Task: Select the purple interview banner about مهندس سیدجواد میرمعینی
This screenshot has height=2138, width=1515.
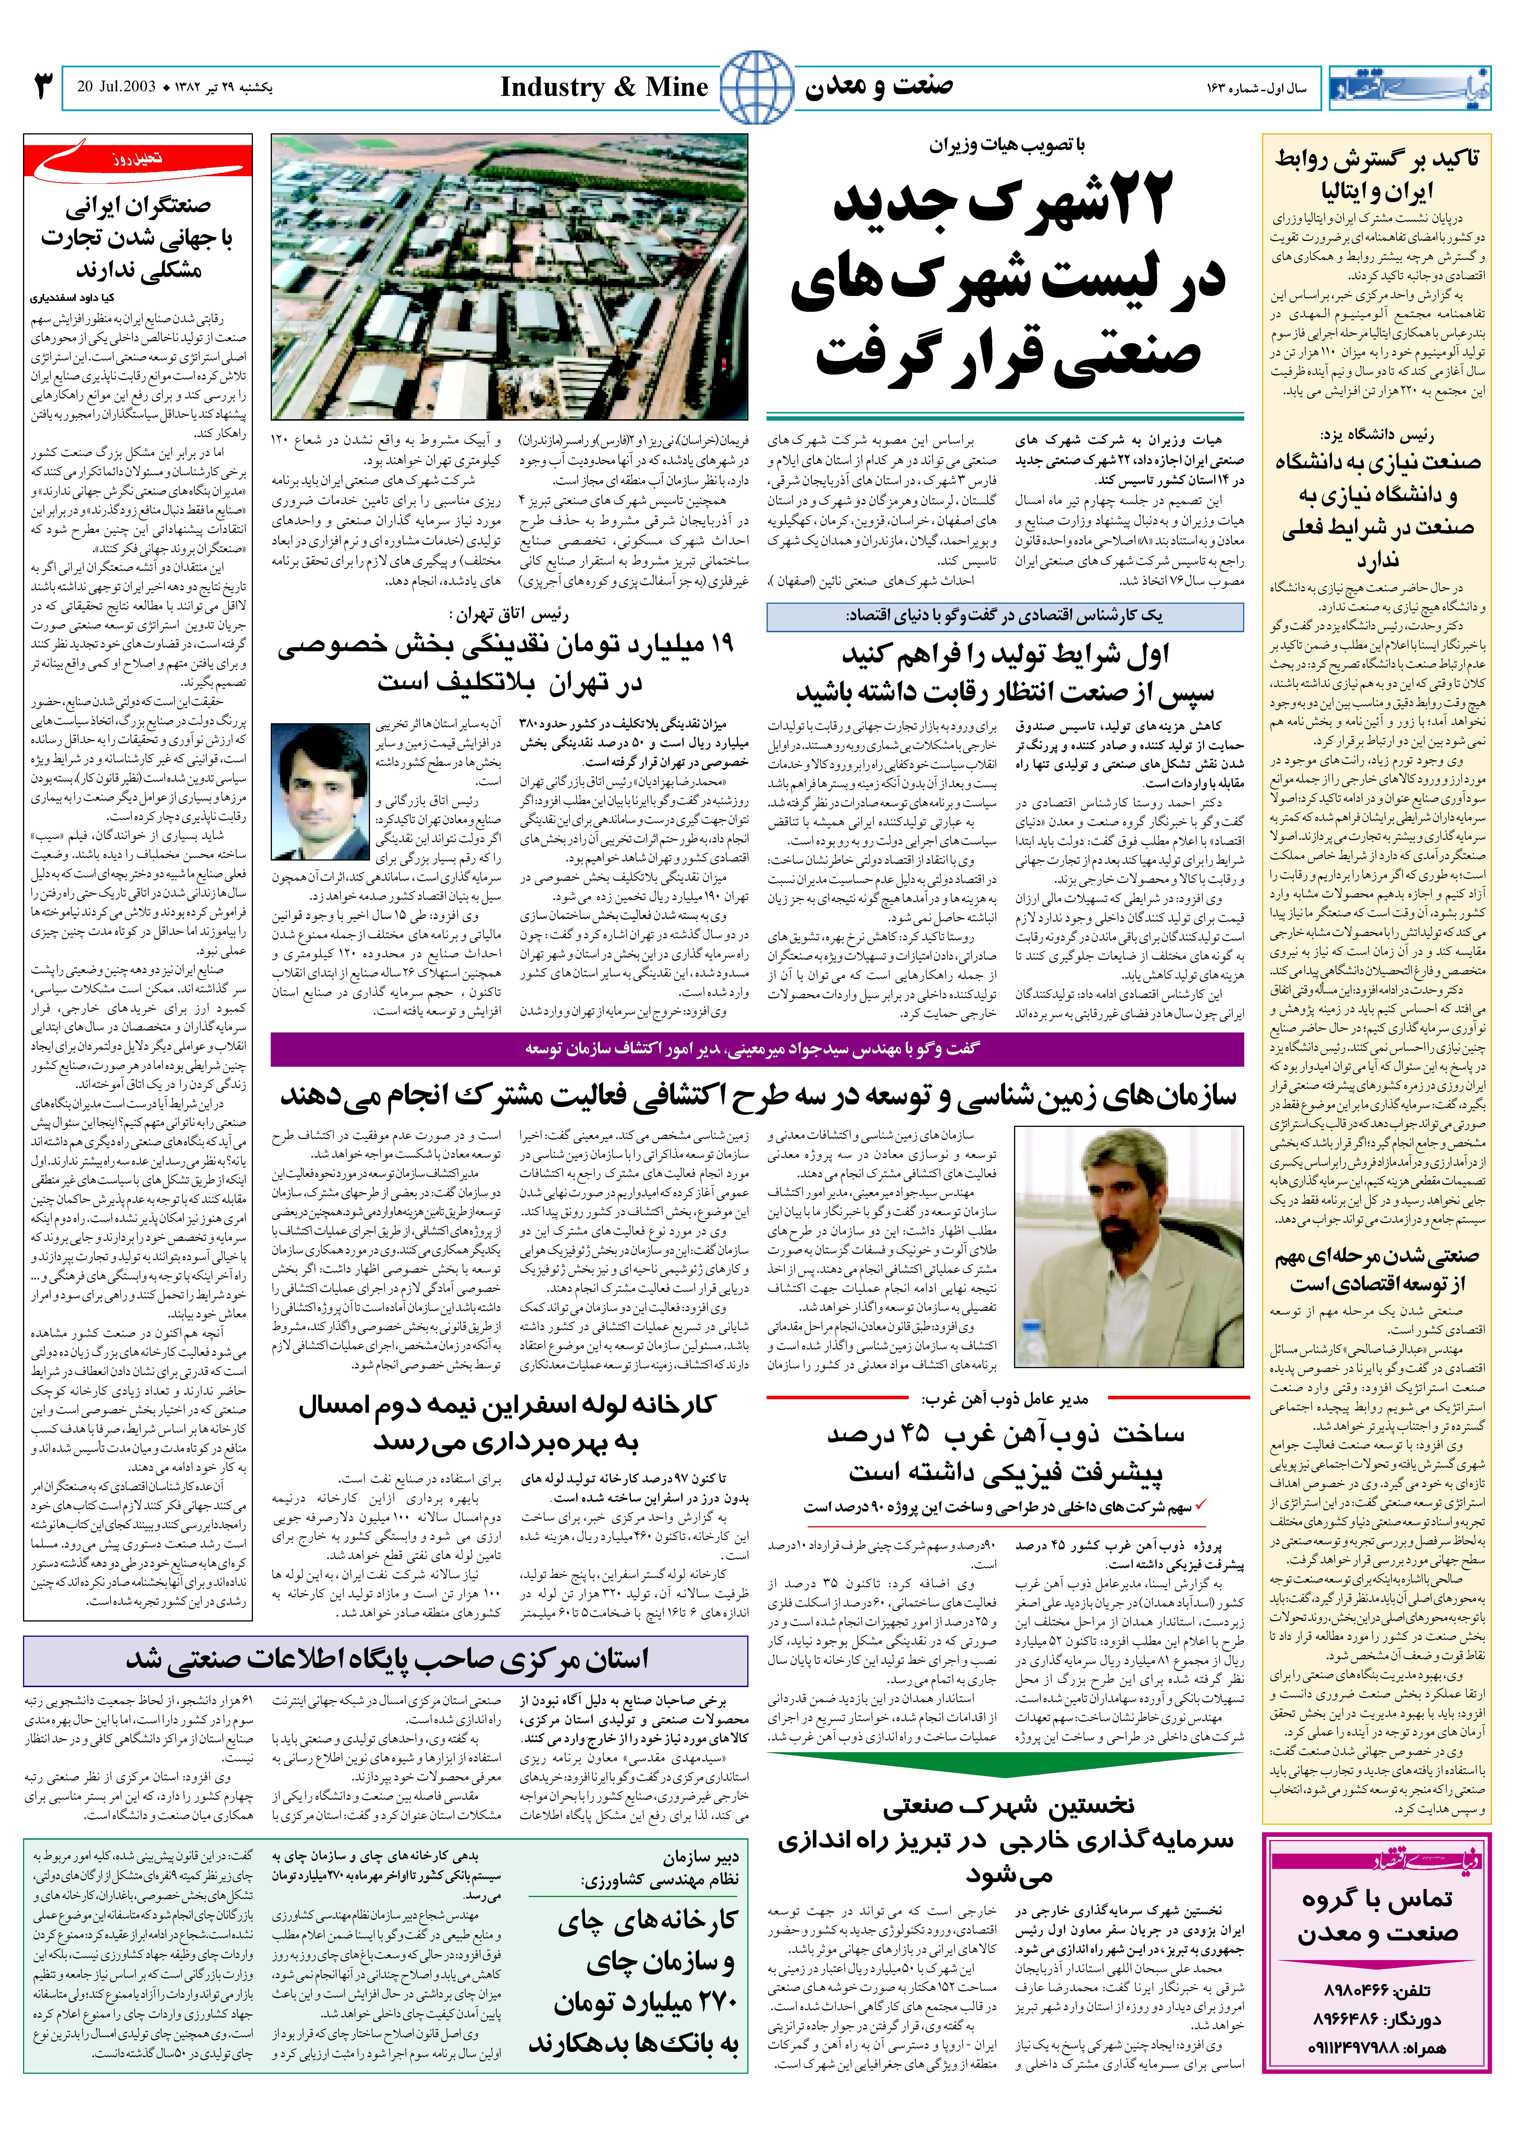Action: pyautogui.click(x=756, y=1049)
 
